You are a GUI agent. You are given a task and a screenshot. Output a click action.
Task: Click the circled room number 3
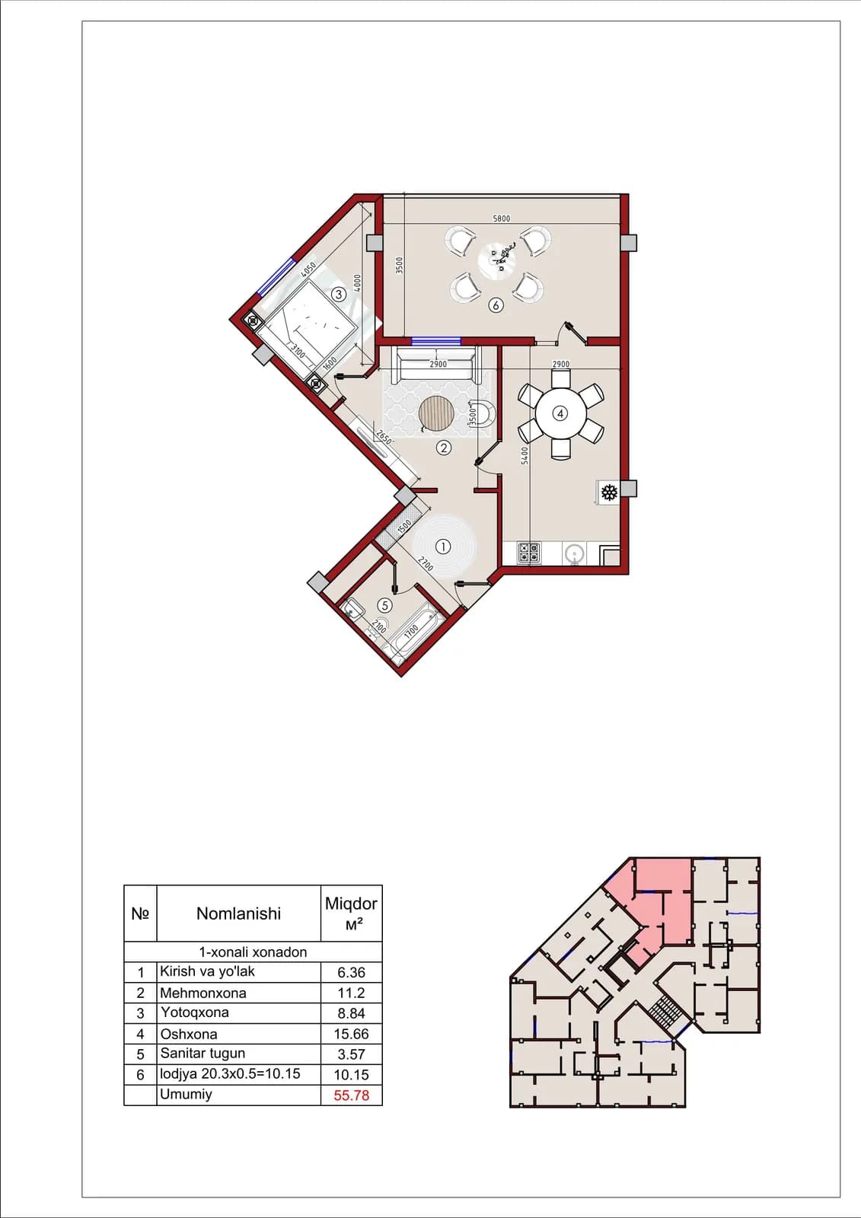tap(338, 294)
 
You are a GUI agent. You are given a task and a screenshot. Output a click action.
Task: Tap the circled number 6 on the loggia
tap(496, 305)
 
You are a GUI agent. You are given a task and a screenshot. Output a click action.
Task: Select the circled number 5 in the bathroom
tap(384, 604)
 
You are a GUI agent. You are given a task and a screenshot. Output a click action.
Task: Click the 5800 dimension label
tap(502, 218)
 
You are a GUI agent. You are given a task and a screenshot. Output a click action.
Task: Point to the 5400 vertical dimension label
tap(525, 456)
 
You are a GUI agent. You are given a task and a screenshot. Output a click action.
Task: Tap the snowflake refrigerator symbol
tap(608, 493)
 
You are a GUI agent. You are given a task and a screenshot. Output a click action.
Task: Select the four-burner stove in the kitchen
tap(528, 552)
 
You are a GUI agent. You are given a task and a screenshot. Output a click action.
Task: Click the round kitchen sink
tap(574, 554)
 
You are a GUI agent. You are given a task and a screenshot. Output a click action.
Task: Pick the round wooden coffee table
tap(436, 413)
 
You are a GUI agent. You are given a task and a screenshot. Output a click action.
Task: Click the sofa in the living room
tap(436, 365)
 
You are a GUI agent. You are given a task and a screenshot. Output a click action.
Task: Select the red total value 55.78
tap(352, 1095)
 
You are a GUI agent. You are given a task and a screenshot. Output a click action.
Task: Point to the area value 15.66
tap(352, 1034)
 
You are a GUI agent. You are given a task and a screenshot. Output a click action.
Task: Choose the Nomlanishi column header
tap(239, 913)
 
